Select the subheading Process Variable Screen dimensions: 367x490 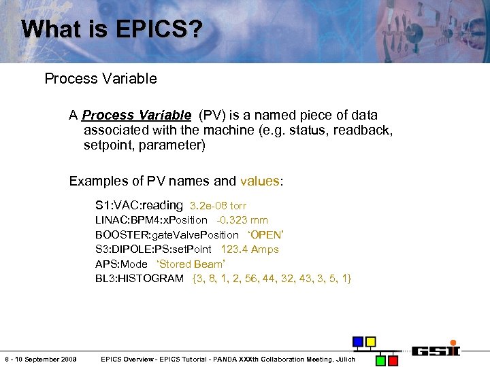click(101, 78)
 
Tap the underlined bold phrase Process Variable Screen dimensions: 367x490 click(136, 115)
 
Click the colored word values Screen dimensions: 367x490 click(259, 181)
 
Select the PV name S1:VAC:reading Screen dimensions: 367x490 click(139, 205)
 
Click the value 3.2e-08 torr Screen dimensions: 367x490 click(218, 205)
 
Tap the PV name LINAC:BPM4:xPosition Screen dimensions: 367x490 click(151, 220)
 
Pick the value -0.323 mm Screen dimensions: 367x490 click(242, 220)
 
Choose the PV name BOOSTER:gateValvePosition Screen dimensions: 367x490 click(167, 234)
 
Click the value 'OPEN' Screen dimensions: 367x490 click(265, 234)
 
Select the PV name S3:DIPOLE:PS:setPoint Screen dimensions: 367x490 click(153, 249)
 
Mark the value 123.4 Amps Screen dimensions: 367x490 click(250, 249)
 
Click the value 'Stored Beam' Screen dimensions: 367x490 click(190, 264)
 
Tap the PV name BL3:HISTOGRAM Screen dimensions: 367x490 click(140, 279)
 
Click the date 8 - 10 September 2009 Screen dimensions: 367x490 click(40, 359)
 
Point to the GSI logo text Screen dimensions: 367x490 click(436, 351)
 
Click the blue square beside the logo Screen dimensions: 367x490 click(357, 341)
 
